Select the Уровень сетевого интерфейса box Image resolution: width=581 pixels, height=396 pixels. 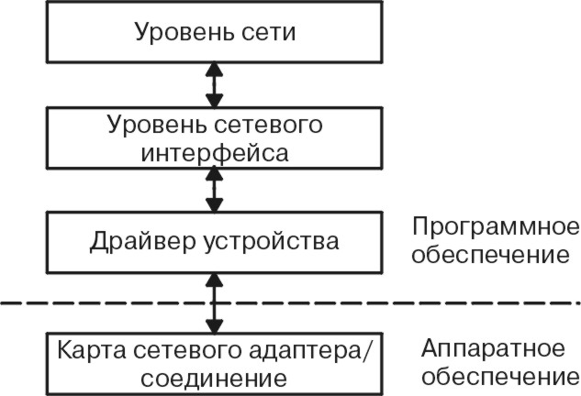(215, 137)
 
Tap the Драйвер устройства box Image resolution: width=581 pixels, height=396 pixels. (215, 242)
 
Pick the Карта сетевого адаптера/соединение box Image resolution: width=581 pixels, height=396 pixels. (215, 363)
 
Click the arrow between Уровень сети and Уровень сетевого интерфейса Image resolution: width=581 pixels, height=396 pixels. (215, 85)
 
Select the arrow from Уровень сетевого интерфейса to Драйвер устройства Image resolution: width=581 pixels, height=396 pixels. (215, 190)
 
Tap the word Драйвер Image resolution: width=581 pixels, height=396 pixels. (136, 242)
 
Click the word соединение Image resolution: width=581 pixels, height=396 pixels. (215, 377)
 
